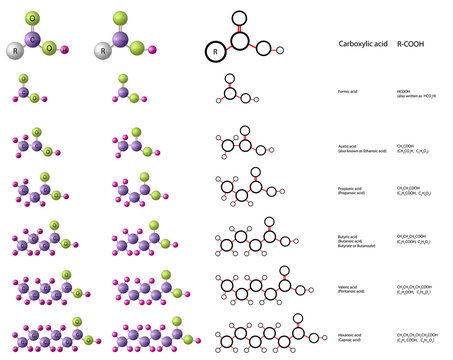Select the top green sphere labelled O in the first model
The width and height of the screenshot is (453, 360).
(x=33, y=18)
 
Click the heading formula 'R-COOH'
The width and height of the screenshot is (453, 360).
(x=411, y=46)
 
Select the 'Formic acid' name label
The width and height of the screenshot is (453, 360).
(x=349, y=91)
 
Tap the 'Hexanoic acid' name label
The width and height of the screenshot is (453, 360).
(x=351, y=335)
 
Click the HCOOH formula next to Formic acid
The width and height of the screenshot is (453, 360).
(x=404, y=91)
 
